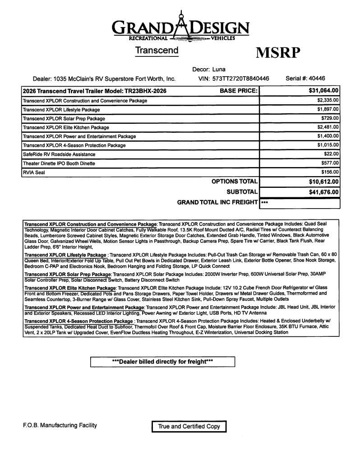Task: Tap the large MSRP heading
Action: click(278, 53)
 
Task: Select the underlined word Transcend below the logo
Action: click(157, 51)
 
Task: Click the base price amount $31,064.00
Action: click(323, 91)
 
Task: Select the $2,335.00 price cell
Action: click(328, 100)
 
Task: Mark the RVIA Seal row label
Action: click(34, 172)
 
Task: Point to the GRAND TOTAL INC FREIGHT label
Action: click(217, 203)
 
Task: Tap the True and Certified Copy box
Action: click(189, 426)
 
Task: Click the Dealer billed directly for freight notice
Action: click(162, 362)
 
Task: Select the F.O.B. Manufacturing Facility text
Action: click(60, 425)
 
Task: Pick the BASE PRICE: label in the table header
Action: click(238, 91)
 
